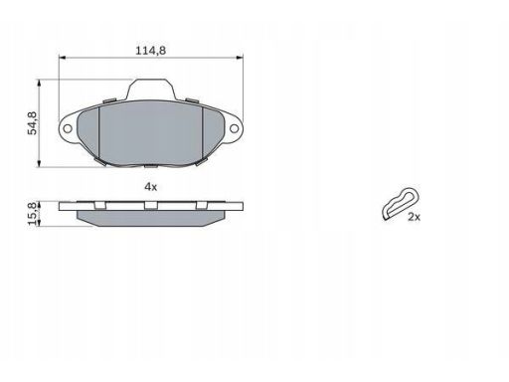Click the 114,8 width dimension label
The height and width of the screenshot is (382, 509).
click(151, 51)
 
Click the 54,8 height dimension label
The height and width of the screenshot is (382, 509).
click(33, 123)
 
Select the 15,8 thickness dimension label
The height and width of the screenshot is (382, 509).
click(33, 214)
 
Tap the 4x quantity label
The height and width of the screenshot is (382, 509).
click(151, 187)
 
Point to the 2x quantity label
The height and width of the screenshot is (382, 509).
click(414, 217)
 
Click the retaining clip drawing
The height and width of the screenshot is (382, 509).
click(401, 203)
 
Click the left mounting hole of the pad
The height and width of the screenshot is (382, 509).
click(68, 128)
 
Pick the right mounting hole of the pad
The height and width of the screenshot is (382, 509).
click(234, 128)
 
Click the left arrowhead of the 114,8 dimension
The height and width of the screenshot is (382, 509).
click(62, 58)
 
